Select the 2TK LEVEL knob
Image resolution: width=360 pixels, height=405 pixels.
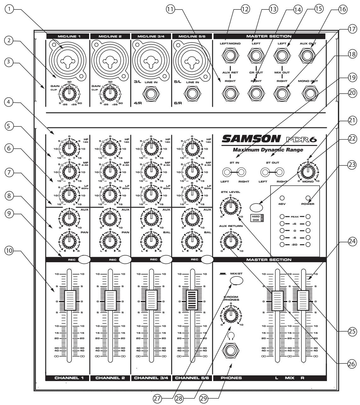click(x=231, y=207)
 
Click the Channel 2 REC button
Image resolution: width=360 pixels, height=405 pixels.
click(x=125, y=259)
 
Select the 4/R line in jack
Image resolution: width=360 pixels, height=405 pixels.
click(x=151, y=94)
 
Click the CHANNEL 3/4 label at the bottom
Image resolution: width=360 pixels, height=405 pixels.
click(x=151, y=378)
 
